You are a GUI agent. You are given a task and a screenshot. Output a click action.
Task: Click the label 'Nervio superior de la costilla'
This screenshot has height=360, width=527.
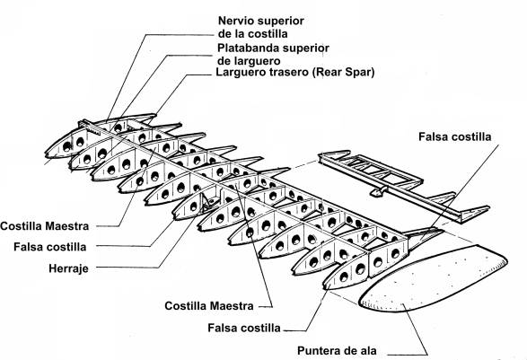pyautogui.click(x=261, y=27)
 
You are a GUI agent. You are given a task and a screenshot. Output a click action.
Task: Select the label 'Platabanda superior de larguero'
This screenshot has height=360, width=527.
pyautogui.click(x=273, y=54)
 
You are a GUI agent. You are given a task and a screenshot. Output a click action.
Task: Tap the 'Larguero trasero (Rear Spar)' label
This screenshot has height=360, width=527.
pyautogui.click(x=294, y=72)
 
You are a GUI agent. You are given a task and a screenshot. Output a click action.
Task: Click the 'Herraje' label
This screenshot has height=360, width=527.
pyautogui.click(x=68, y=268)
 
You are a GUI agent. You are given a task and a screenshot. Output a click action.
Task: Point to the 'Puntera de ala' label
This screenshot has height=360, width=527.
pyautogui.click(x=337, y=351)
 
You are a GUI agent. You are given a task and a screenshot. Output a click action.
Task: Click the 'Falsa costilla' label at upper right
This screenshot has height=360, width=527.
pyautogui.click(x=455, y=136)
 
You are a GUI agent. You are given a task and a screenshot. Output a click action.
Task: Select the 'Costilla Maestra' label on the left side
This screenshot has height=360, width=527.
pyautogui.click(x=45, y=226)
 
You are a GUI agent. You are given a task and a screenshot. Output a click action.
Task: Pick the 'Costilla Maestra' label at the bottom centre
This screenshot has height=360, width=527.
pyautogui.click(x=209, y=306)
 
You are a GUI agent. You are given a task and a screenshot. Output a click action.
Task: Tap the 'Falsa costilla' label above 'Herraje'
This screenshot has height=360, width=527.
pyautogui.click(x=50, y=247)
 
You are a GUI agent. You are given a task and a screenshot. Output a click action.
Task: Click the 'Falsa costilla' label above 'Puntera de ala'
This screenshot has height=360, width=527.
pyautogui.click(x=244, y=328)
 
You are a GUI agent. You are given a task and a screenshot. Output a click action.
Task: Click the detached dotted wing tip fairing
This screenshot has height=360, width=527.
pyautogui.click(x=434, y=277)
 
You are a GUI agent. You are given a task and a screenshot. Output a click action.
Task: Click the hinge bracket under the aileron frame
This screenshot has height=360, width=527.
pyautogui.click(x=379, y=191)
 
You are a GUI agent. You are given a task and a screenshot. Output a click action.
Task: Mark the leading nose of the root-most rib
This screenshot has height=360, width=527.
pyautogui.click(x=47, y=154)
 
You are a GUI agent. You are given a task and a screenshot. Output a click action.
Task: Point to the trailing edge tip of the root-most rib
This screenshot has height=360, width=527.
pyautogui.click(x=154, y=115)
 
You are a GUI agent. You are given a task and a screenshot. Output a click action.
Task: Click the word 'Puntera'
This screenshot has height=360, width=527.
pyautogui.click(x=316, y=351)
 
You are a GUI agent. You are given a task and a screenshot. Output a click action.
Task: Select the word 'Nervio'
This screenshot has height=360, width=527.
pyautogui.click(x=234, y=21)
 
